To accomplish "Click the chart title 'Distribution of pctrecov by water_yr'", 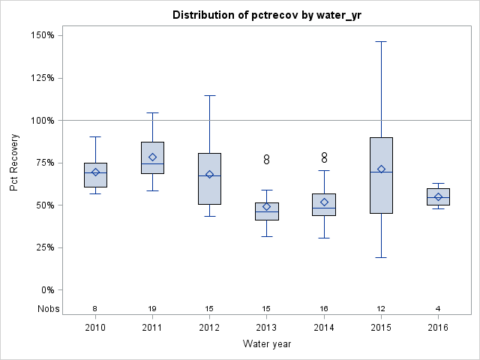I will pyautogui.click(x=267, y=15).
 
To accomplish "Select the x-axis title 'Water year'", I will pyautogui.click(x=267, y=344).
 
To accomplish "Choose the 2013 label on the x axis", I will pyautogui.click(x=267, y=328).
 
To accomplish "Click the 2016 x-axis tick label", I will pyautogui.click(x=438, y=328).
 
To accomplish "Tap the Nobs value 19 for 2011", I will pyautogui.click(x=152, y=308).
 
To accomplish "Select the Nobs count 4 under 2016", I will pyautogui.click(x=438, y=308).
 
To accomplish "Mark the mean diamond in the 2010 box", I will pyautogui.click(x=95, y=172).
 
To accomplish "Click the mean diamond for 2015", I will pyautogui.click(x=381, y=169).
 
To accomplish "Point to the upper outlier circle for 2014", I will pyautogui.click(x=324, y=155).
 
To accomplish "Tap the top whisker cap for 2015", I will pyautogui.click(x=381, y=41).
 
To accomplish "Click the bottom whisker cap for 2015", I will pyautogui.click(x=381, y=257).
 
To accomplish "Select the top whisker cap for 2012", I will pyautogui.click(x=209, y=95).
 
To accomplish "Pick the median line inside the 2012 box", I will pyautogui.click(x=209, y=175).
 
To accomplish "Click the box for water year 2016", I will pyautogui.click(x=438, y=196).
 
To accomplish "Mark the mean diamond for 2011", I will pyautogui.click(x=152, y=157).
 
